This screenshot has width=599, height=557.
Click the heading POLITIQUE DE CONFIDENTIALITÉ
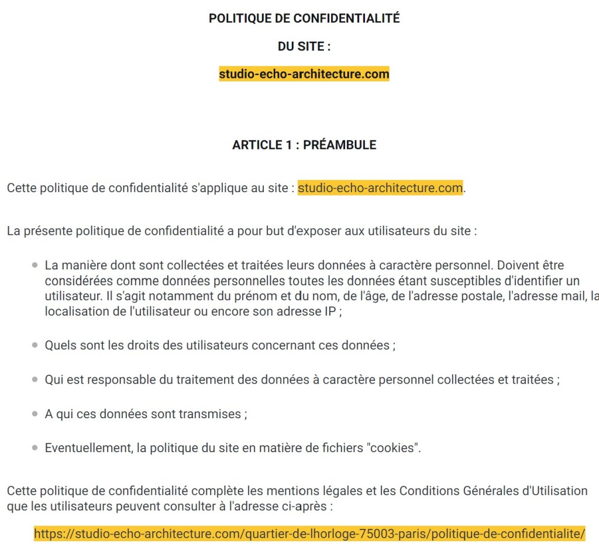point(304,19)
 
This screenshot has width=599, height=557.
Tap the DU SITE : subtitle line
point(304,47)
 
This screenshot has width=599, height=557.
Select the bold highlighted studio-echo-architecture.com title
point(304,74)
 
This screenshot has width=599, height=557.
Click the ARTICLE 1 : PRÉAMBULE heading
point(304,145)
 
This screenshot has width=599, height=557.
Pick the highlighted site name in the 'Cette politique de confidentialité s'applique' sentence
point(380,189)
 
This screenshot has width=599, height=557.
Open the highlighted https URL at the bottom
point(309,534)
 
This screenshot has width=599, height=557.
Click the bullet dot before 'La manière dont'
point(35,266)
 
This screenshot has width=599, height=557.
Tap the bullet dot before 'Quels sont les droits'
point(35,346)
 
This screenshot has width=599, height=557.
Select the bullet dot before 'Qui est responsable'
point(35,380)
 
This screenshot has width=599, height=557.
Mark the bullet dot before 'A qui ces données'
point(35,415)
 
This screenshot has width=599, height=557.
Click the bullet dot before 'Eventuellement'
point(35,449)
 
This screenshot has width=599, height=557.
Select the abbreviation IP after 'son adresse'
point(331,312)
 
